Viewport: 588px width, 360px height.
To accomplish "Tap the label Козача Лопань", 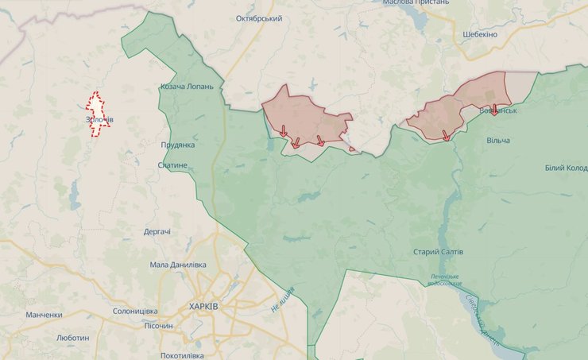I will click(x=187, y=87).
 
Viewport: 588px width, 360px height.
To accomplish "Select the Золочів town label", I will click(x=99, y=120).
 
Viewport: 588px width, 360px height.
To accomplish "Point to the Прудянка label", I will click(x=177, y=145).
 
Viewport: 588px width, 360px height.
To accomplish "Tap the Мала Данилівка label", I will click(x=178, y=265).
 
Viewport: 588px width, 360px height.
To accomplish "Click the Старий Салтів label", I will click(x=438, y=252).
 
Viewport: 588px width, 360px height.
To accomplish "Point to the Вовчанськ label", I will click(x=498, y=110).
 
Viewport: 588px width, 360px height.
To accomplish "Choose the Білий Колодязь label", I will click(x=566, y=167).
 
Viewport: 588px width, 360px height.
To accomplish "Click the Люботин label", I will click(x=72, y=338).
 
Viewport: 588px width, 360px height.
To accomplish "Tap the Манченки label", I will click(x=44, y=315).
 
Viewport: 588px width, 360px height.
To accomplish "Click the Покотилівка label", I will click(x=181, y=355).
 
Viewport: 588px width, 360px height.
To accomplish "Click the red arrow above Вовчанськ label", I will click(x=494, y=109).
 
